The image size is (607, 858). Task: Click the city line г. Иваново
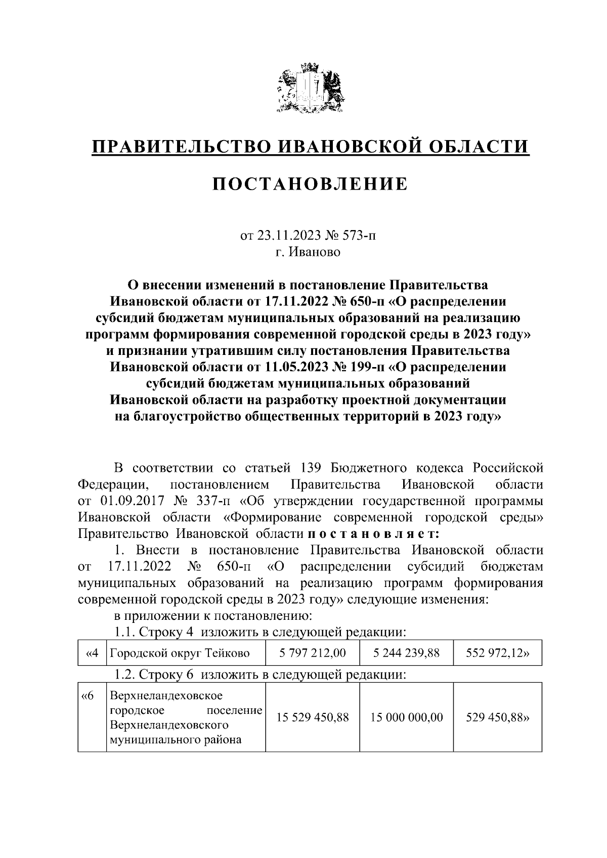pyautogui.click(x=308, y=251)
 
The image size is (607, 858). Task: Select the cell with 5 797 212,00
pyautogui.click(x=312, y=653)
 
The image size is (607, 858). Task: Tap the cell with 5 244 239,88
pyautogui.click(x=406, y=653)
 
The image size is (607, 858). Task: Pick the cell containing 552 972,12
pyautogui.click(x=497, y=653)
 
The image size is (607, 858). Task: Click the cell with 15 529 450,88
pyautogui.click(x=312, y=717)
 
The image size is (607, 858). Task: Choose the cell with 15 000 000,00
pyautogui.click(x=406, y=717)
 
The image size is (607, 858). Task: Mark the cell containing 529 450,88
pyautogui.click(x=497, y=717)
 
